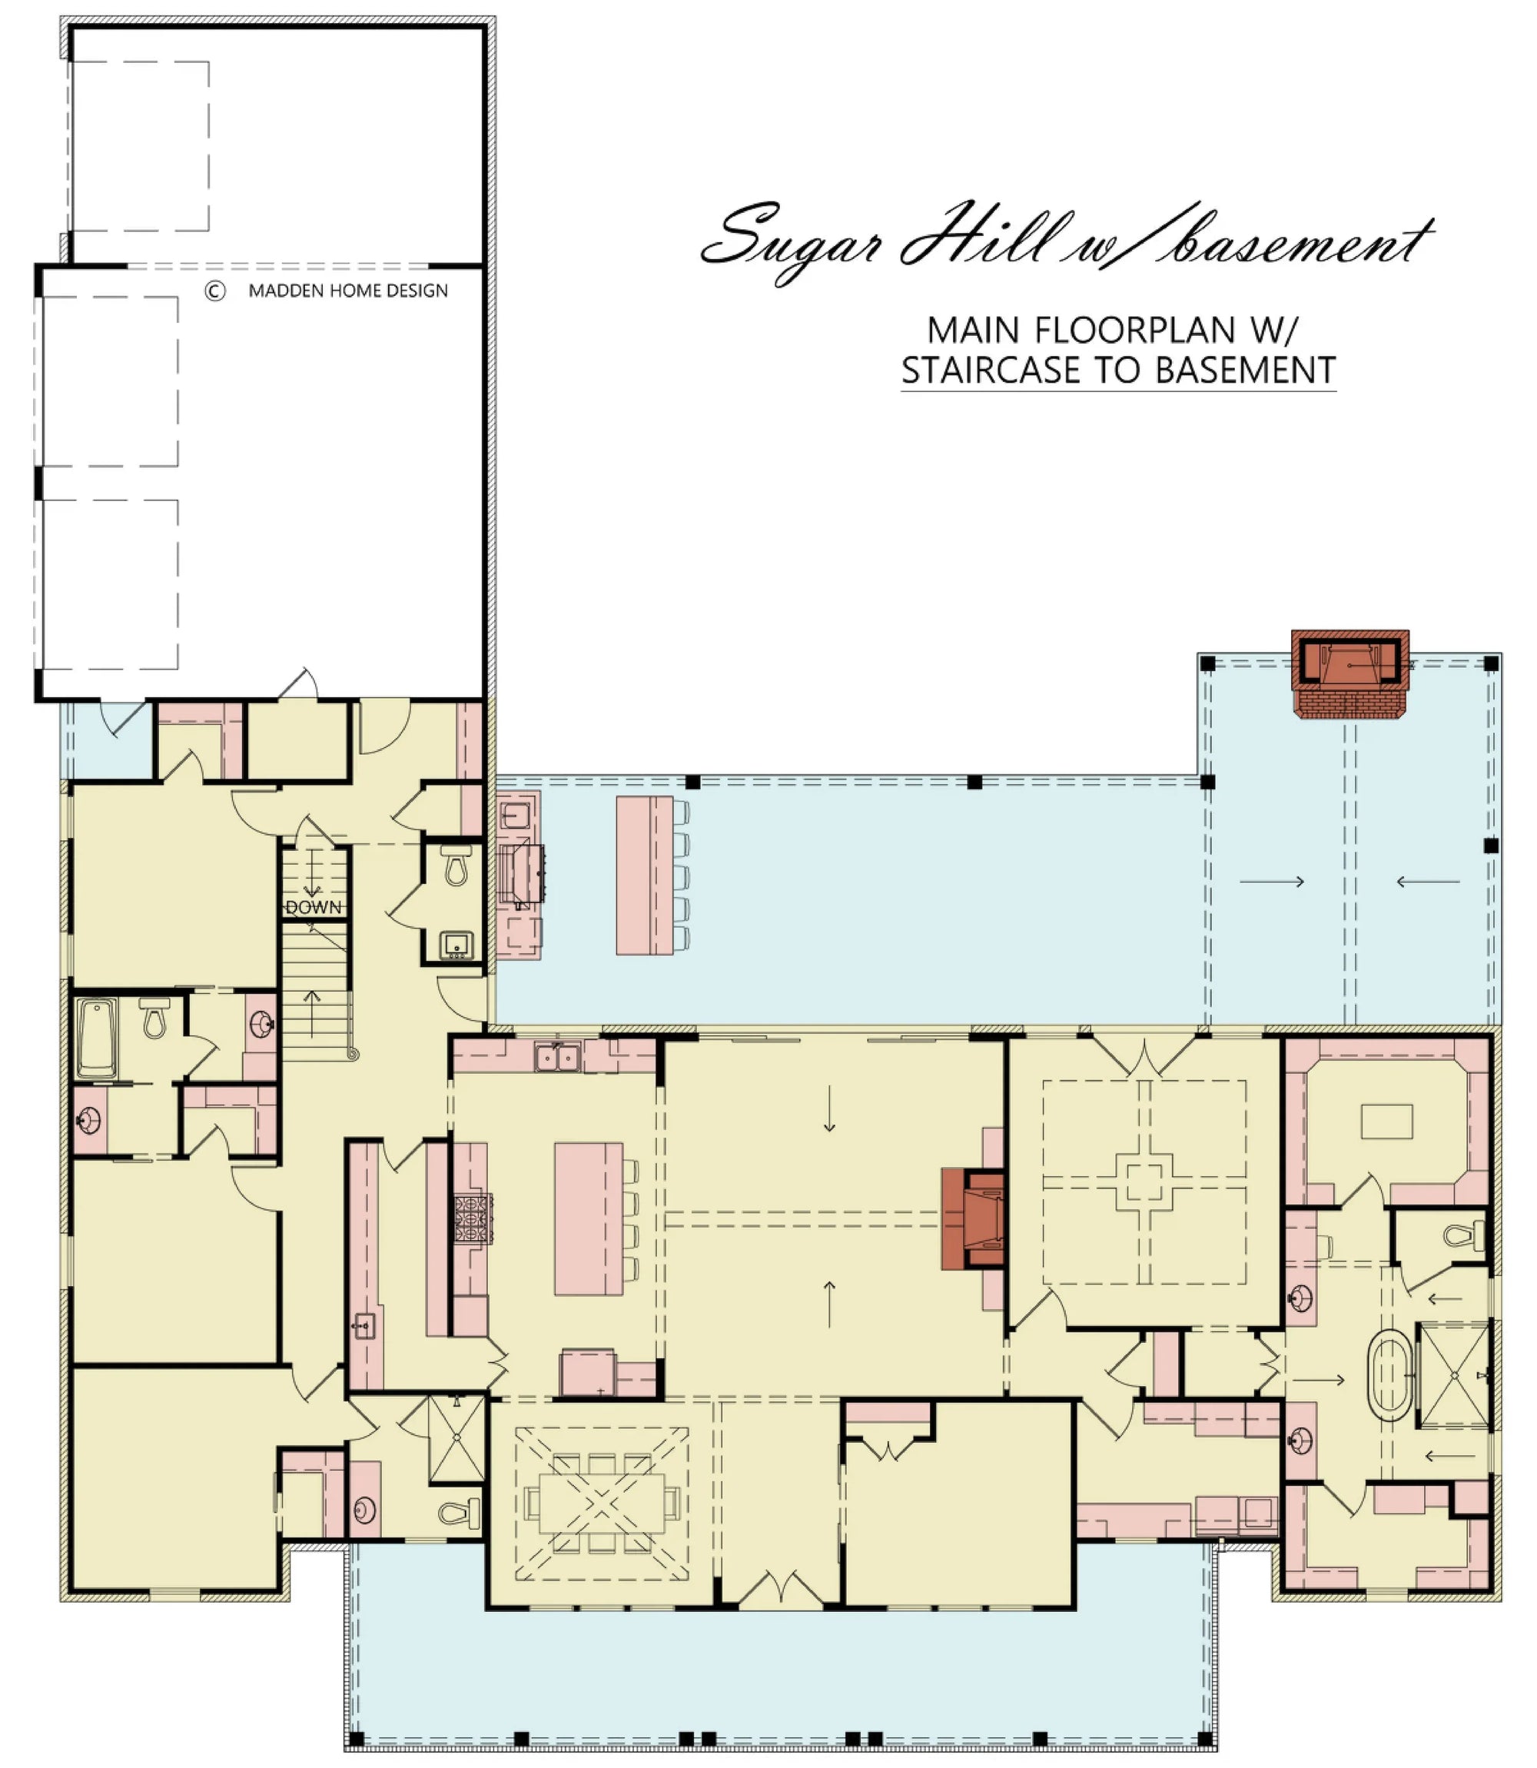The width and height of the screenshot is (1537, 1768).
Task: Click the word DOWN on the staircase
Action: (x=313, y=907)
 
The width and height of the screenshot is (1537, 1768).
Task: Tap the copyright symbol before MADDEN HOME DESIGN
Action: (x=214, y=291)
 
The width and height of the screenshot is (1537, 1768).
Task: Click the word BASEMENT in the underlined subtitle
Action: (x=1244, y=370)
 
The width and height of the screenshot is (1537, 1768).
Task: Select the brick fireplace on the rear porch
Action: (x=1349, y=673)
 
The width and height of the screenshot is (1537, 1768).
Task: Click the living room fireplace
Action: (x=974, y=1219)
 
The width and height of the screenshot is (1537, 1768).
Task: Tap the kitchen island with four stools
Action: (x=589, y=1218)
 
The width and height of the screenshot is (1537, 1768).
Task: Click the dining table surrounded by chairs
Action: (x=601, y=1503)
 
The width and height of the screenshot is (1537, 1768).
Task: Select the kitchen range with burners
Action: (x=473, y=1218)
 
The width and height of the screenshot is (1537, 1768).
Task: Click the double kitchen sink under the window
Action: (x=557, y=1057)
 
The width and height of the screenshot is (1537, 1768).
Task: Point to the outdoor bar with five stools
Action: (x=645, y=875)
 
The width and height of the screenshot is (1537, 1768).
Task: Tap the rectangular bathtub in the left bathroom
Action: (x=96, y=1038)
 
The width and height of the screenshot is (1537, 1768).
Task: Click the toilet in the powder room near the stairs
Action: (x=456, y=866)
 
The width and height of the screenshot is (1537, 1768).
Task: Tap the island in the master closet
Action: (x=1387, y=1122)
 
